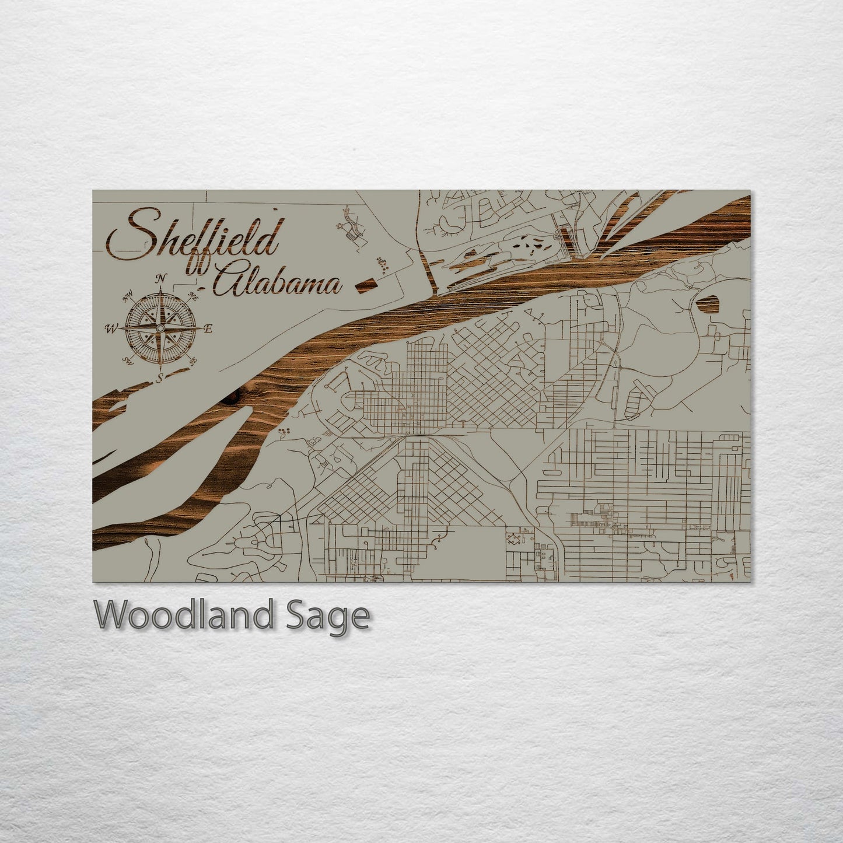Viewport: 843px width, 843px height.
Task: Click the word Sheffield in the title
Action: [193, 236]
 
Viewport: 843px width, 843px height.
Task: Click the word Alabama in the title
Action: [277, 284]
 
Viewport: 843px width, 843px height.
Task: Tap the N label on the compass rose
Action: [162, 278]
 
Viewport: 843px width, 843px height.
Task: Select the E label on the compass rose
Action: [209, 329]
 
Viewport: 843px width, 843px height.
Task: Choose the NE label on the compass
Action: [194, 298]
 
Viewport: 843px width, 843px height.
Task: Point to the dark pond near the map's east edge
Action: [708, 303]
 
